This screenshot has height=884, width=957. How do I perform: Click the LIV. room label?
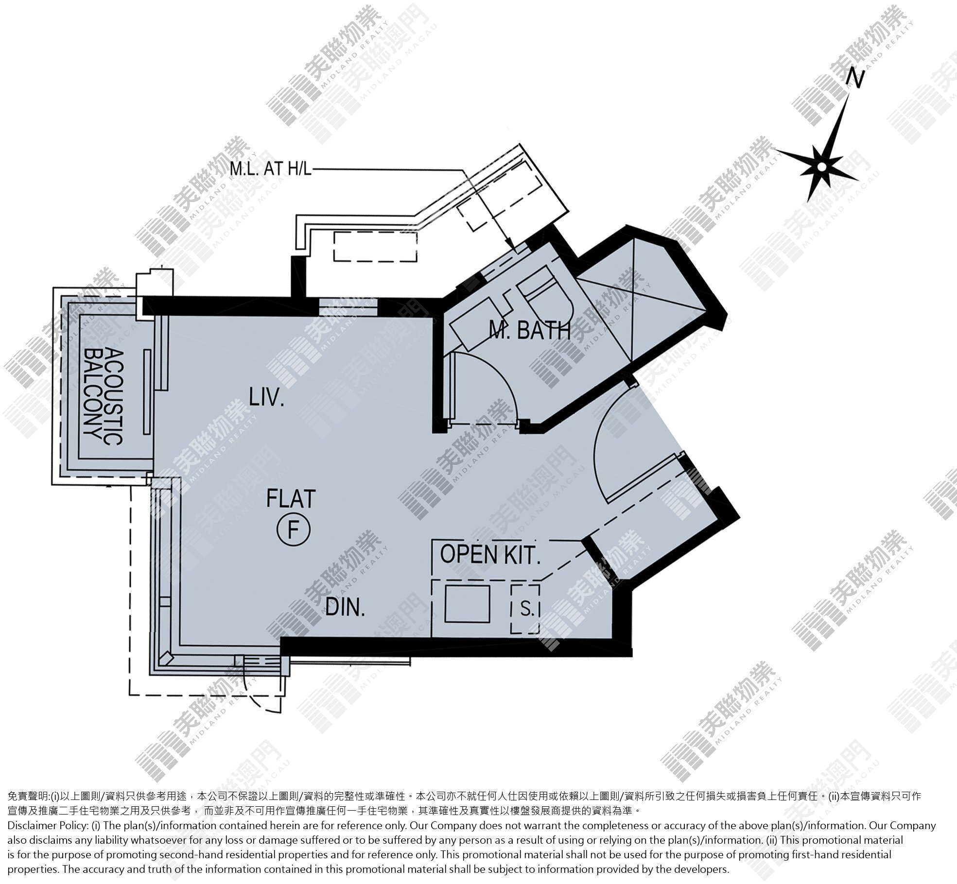pyautogui.click(x=266, y=397)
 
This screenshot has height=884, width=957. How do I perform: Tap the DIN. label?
pyautogui.click(x=345, y=607)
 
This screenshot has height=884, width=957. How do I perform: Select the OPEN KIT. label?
pyautogui.click(x=490, y=555)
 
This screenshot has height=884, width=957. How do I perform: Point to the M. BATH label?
pyautogui.click(x=529, y=331)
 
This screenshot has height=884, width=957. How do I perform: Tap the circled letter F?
pyautogui.click(x=293, y=529)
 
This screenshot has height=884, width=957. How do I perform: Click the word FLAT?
pyautogui.click(x=291, y=498)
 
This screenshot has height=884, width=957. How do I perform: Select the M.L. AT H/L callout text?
pyautogui.click(x=270, y=169)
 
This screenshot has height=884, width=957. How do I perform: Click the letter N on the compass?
pyautogui.click(x=855, y=79)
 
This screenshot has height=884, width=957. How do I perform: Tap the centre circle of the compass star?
pyautogui.click(x=821, y=167)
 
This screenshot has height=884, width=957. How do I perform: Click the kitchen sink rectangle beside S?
pyautogui.click(x=467, y=604)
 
